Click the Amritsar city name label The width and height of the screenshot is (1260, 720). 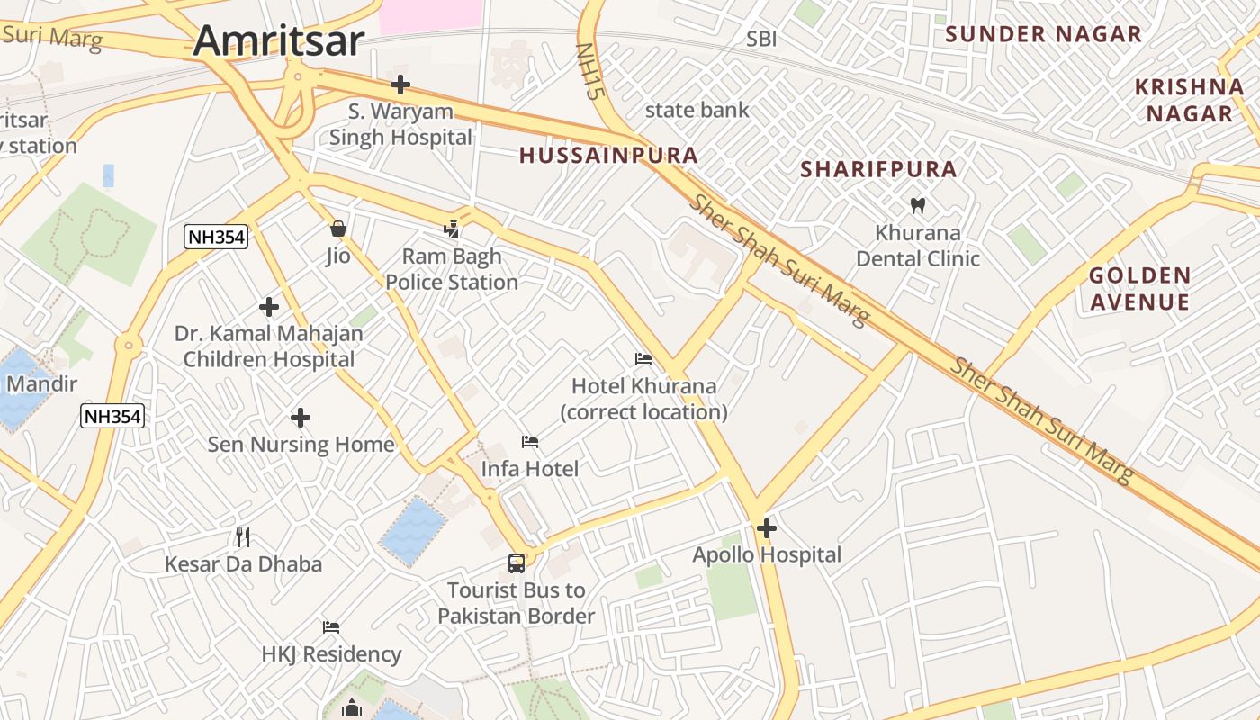279,40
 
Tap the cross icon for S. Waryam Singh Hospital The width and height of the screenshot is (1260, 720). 400,85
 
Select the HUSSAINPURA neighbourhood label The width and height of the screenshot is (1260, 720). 608,155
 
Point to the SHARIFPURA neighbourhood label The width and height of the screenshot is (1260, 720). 878,169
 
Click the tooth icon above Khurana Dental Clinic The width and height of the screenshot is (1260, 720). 918,205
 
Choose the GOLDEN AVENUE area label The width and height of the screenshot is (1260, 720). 1140,289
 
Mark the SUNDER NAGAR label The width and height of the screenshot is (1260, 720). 1043,34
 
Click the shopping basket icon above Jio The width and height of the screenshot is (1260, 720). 338,229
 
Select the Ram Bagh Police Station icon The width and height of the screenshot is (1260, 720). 452,229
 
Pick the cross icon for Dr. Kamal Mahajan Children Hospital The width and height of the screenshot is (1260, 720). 269,307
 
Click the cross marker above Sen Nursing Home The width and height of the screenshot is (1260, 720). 301,418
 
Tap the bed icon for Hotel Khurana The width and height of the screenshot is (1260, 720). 643,359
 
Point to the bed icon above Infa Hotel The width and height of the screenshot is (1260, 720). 530,442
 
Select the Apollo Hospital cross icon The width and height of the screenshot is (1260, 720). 767,528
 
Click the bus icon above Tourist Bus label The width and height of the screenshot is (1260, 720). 517,563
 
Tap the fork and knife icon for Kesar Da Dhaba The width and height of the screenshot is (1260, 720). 242,537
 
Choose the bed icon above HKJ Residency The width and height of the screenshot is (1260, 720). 331,626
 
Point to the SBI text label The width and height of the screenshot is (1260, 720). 761,39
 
